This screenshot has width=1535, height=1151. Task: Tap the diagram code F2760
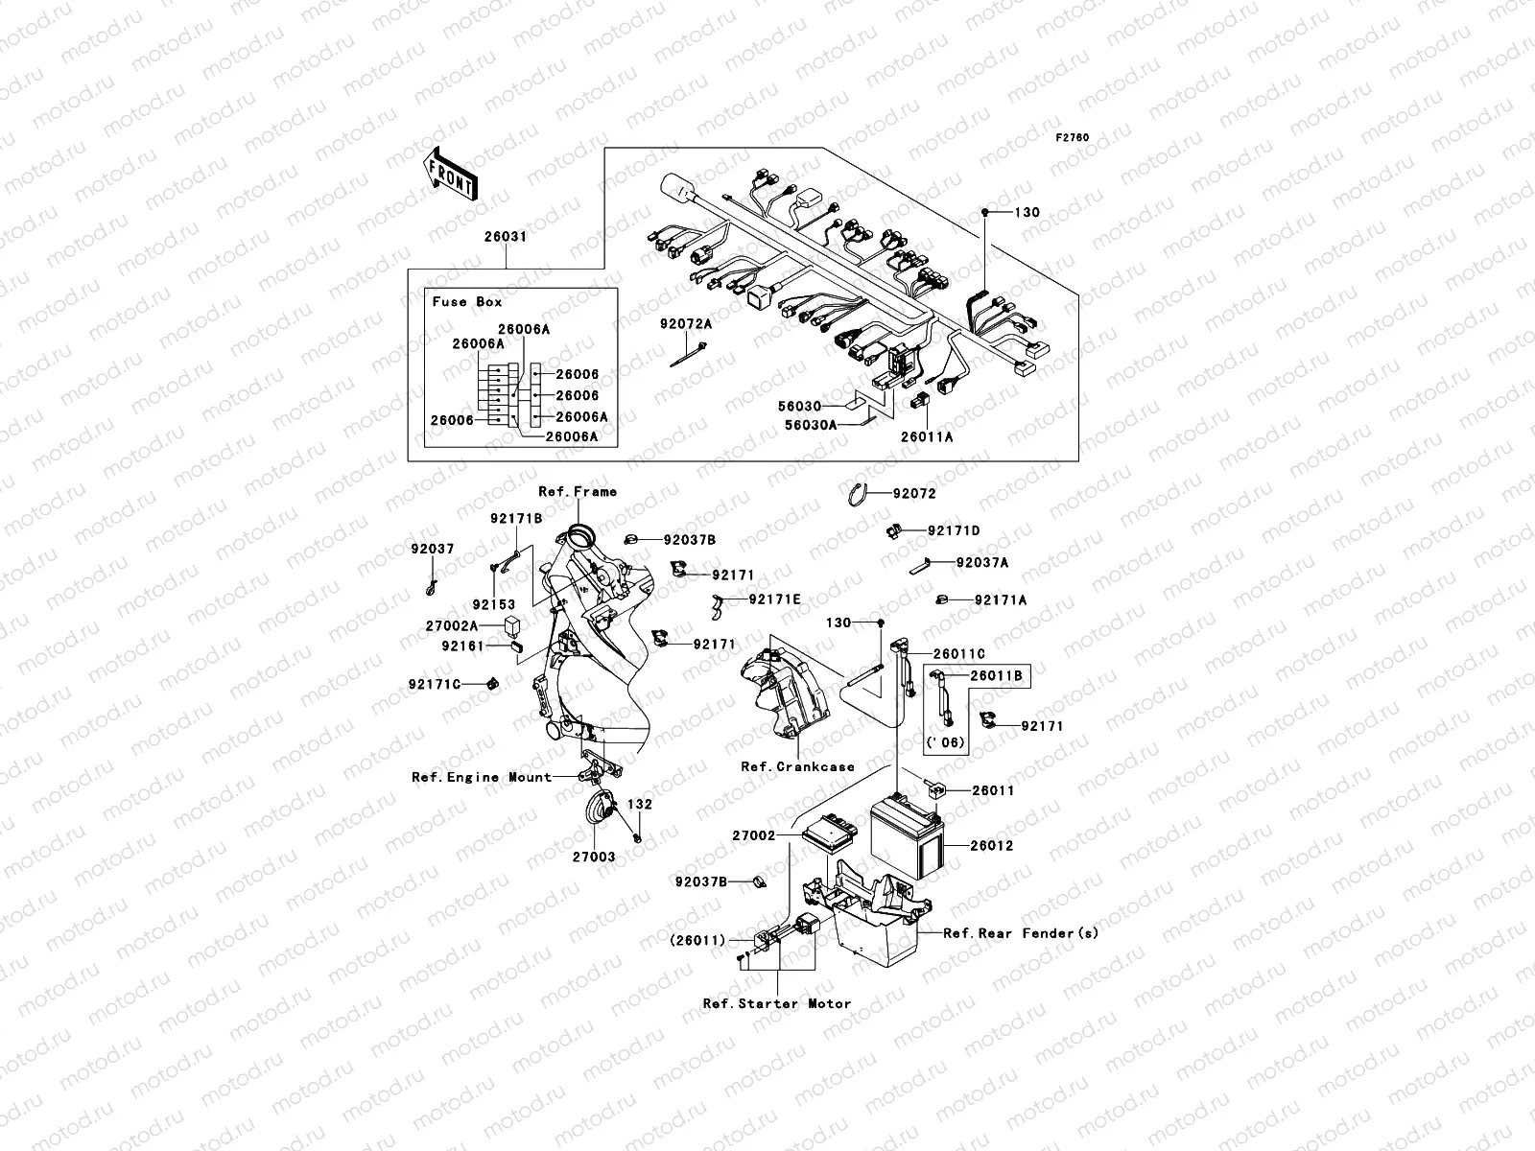(1073, 138)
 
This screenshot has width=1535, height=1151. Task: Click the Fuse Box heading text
(467, 301)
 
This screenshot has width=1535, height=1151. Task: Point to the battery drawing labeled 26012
(907, 840)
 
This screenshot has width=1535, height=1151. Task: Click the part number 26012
(991, 846)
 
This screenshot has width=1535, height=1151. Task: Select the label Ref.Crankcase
(797, 766)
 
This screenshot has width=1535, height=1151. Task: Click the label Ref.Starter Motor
(777, 1003)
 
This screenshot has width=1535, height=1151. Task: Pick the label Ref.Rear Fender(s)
(1021, 932)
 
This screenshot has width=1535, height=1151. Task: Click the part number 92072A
(685, 324)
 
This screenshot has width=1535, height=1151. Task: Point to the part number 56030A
(812, 423)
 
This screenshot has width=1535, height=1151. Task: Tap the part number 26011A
(927, 436)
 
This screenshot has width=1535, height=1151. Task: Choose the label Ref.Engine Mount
(482, 777)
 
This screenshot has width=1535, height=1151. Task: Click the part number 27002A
(452, 625)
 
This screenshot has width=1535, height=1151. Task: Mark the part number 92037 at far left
(433, 550)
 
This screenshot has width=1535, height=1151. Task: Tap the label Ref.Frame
(578, 491)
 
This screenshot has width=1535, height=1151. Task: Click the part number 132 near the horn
(640, 804)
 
